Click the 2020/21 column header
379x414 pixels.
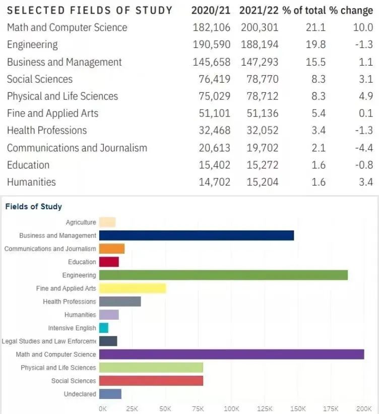tap(211, 11)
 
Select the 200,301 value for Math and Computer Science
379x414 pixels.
tap(259, 28)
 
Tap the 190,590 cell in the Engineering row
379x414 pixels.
tap(211, 45)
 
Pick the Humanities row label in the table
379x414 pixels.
tap(31, 182)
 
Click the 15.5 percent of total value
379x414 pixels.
tap(315, 62)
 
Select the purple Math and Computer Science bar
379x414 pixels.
tap(231, 354)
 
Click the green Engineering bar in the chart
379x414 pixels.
tap(223, 275)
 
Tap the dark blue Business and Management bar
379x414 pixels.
tap(196, 235)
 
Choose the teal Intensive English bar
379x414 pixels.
tap(104, 328)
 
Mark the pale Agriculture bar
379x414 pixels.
tap(107, 222)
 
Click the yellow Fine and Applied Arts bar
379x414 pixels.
tap(133, 288)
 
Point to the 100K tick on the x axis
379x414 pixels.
tap(231, 408)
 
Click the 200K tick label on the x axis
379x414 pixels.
tap(363, 408)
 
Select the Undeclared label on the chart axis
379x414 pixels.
tap(80, 394)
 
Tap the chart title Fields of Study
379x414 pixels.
tap(33, 206)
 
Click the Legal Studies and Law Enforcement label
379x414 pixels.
tap(49, 341)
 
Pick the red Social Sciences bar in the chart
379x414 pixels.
tap(151, 381)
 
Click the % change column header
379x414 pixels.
tap(351, 11)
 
